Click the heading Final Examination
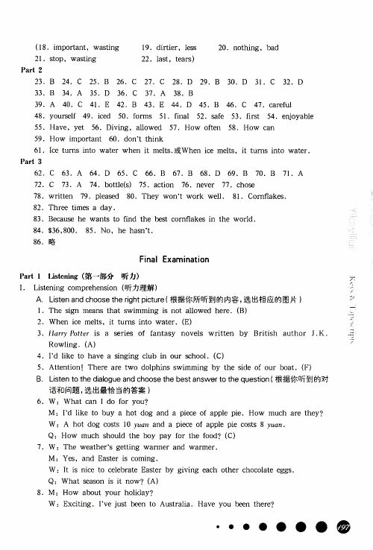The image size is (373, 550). [x=174, y=259]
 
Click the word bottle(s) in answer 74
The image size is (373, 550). [x=113, y=184]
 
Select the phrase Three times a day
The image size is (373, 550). [x=81, y=207]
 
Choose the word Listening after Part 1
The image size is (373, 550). [x=62, y=276]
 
